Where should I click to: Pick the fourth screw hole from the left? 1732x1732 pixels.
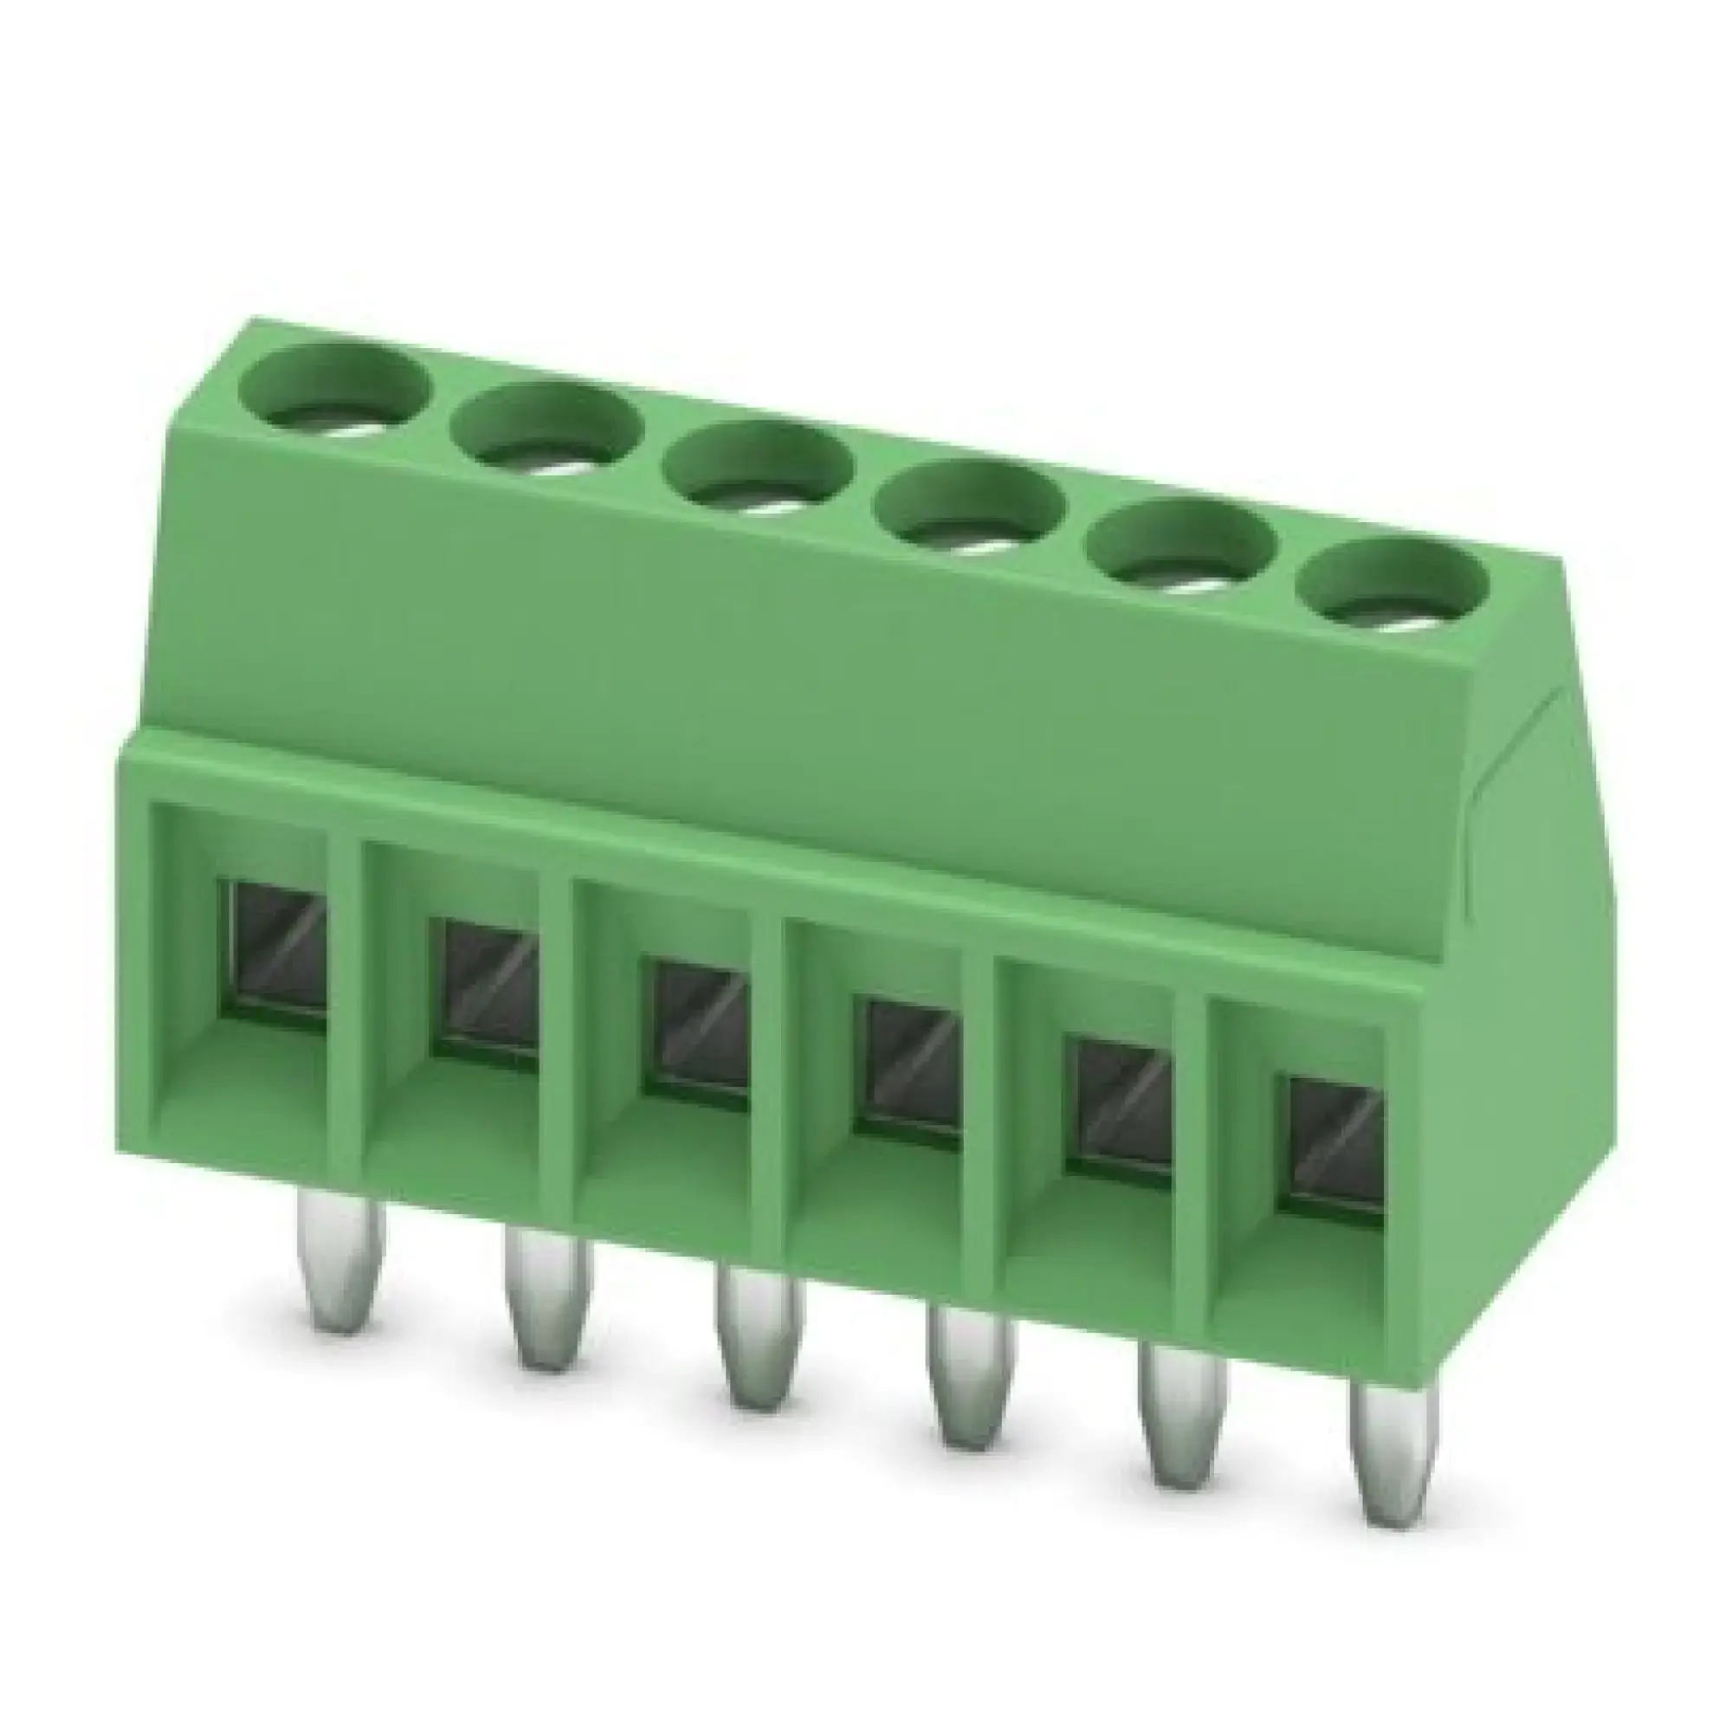tap(971, 514)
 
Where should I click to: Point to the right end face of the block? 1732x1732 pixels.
tap(1524, 941)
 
